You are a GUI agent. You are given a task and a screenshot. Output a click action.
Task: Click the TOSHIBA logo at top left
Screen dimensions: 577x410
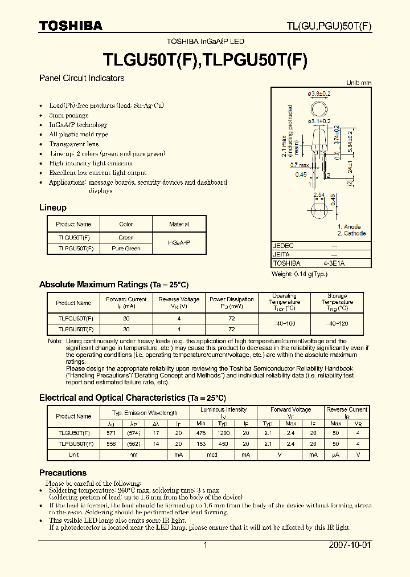71,26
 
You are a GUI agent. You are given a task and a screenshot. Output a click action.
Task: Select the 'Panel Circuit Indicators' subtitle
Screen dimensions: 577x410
81,78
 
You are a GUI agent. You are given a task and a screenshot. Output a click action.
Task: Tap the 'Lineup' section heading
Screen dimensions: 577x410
52,208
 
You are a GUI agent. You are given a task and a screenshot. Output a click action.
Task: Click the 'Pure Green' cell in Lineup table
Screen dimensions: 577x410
126,249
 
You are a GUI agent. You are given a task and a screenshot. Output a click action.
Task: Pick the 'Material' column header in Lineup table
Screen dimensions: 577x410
179,225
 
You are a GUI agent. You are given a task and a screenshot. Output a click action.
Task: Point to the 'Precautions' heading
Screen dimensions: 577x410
63,473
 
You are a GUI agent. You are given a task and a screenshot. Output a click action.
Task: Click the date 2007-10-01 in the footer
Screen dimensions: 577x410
350,545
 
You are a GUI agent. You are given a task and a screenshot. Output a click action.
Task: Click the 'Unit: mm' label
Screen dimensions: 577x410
359,83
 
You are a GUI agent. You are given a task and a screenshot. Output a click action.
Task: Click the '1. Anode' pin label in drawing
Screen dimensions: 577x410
349,226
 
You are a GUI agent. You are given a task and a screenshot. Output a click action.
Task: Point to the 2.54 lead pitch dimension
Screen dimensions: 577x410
319,196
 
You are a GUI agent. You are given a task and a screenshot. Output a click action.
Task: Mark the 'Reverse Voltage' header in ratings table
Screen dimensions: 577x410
179,303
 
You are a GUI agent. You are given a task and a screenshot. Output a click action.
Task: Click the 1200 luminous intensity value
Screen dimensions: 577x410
223,433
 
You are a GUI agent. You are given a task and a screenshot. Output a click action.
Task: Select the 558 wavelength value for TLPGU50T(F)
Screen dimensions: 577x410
110,443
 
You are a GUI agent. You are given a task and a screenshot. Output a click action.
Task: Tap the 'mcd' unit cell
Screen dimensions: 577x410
212,454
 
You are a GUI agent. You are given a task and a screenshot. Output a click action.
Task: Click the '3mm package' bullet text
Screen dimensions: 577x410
69,115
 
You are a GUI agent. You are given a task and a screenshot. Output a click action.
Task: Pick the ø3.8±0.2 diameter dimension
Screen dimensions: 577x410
319,94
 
